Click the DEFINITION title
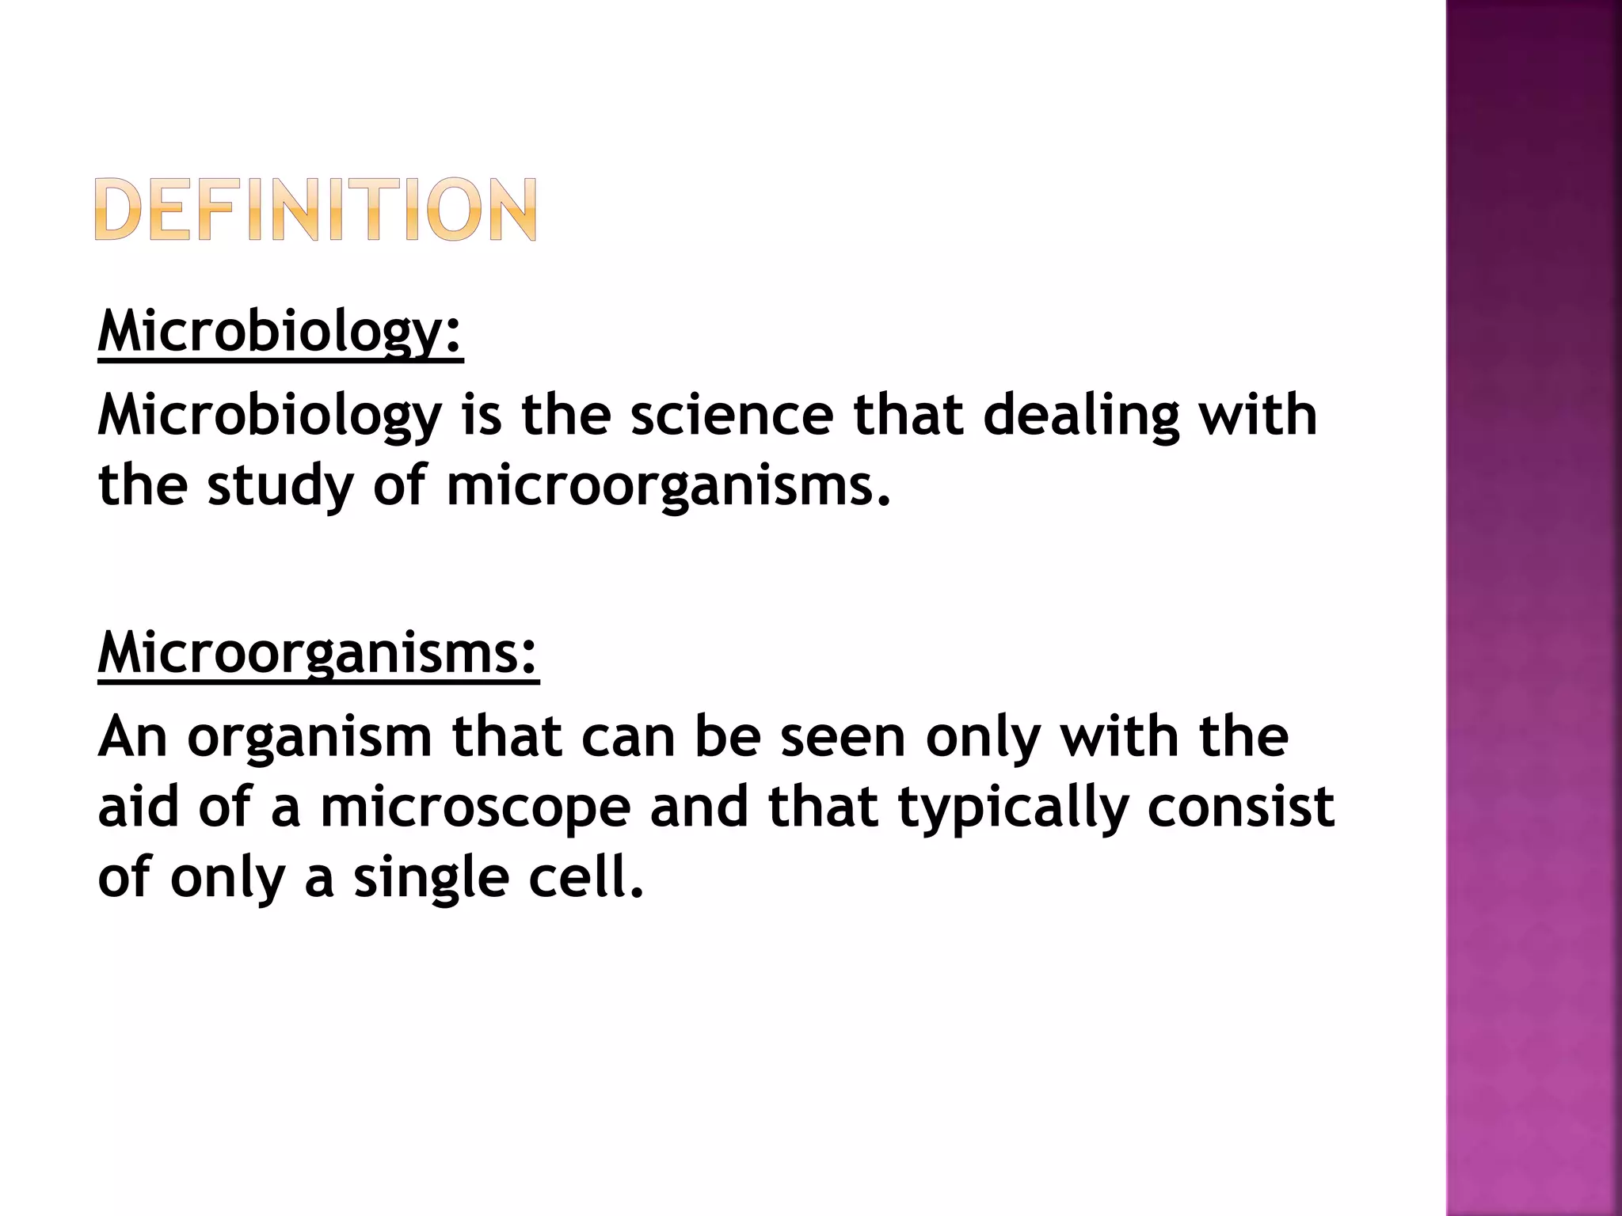(x=315, y=209)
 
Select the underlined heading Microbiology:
(x=280, y=332)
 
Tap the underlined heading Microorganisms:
(x=318, y=653)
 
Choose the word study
(x=280, y=486)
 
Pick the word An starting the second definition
(x=132, y=737)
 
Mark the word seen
(x=843, y=737)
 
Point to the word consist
(x=1240, y=807)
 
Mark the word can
(x=628, y=737)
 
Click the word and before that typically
(x=699, y=807)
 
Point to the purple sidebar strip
(x=1533, y=608)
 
